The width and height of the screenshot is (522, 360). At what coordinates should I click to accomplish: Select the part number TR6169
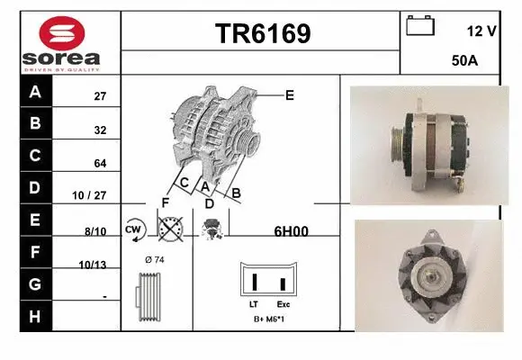click(262, 34)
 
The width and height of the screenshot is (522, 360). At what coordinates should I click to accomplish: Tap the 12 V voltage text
click(481, 31)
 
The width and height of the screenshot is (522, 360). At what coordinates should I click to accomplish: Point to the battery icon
click(419, 26)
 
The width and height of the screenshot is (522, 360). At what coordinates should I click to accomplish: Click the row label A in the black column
click(35, 93)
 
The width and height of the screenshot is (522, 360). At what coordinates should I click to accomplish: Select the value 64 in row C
click(100, 163)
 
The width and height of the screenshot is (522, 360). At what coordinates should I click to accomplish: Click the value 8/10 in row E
click(95, 230)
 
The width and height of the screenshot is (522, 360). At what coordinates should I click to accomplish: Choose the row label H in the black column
click(35, 316)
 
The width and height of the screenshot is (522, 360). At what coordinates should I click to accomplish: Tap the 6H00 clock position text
click(291, 230)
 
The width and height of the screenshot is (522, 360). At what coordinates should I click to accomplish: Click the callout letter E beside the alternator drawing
click(289, 94)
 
